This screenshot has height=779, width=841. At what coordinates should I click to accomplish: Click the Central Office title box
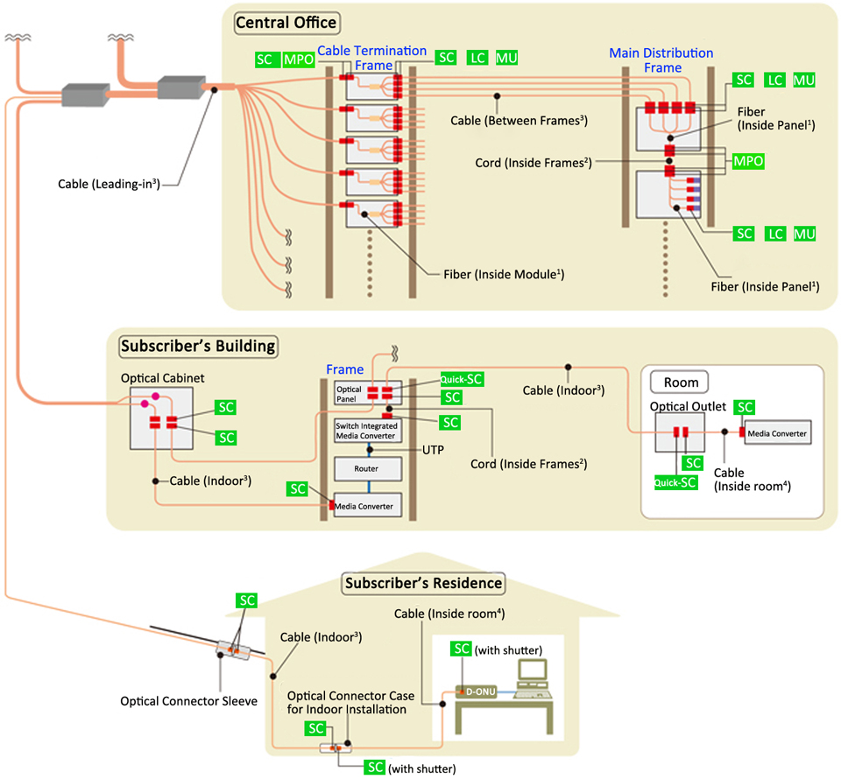(287, 23)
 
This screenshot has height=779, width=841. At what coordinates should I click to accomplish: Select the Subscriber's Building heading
(198, 346)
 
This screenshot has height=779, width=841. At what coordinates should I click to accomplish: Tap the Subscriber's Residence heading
(424, 584)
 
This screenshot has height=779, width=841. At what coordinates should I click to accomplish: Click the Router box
(368, 469)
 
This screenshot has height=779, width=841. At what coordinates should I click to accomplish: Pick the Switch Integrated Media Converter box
(368, 431)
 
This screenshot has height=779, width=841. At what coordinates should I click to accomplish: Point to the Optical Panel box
(368, 394)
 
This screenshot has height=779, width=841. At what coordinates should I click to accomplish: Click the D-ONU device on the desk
(477, 691)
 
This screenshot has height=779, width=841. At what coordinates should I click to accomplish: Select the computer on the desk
(533, 679)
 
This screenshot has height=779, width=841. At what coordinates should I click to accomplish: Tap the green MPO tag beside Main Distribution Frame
(748, 161)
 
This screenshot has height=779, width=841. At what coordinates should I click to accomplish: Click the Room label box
(680, 382)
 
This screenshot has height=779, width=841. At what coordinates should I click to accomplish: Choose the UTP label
(433, 450)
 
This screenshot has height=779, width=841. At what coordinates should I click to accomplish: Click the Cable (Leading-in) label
(109, 185)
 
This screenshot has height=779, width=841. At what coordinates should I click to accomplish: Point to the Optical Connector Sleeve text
(189, 701)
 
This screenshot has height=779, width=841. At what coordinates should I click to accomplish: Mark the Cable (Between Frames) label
(519, 121)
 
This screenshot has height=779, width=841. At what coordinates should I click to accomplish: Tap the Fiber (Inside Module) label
(504, 274)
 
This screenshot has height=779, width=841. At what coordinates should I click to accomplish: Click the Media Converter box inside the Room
(778, 433)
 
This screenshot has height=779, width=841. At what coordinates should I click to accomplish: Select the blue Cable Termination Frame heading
(372, 58)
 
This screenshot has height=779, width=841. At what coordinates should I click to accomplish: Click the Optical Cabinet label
(163, 378)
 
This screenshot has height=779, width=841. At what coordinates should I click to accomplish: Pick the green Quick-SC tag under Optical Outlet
(675, 483)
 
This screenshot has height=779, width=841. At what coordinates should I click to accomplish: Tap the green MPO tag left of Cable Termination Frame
(299, 60)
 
